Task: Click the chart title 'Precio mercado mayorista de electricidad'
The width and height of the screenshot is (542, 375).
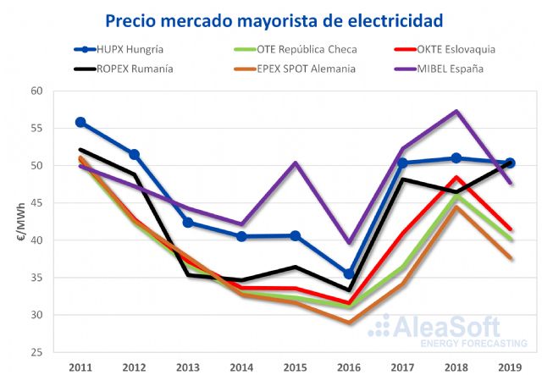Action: coord(271,18)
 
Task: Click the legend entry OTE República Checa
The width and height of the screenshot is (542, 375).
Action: coord(284,49)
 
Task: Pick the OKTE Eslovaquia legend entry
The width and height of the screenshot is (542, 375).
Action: coord(447,49)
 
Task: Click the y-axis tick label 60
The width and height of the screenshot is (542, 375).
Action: coord(36,91)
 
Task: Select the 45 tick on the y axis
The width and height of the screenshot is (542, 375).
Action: coord(36,202)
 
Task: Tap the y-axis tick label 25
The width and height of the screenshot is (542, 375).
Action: coord(36,352)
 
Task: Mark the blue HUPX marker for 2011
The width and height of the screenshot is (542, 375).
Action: coord(81,122)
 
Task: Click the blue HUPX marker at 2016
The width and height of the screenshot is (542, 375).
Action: coord(348,273)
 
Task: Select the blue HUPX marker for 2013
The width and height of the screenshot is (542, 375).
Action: coord(188,223)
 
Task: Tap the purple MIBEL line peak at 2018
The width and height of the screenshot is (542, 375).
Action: coord(456,112)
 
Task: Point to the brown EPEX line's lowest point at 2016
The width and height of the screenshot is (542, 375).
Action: coord(348,323)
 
